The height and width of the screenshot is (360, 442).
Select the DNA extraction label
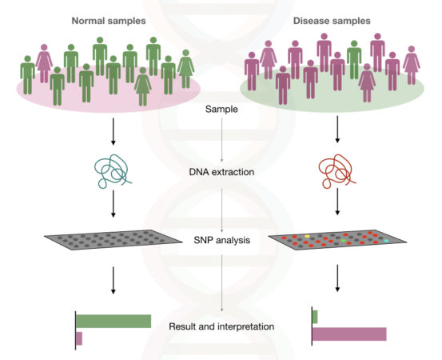click(221, 171)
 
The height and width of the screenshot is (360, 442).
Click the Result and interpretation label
click(221, 326)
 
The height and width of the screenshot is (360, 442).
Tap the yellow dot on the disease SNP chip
click(307, 236)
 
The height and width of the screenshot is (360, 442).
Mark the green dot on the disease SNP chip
click(344, 238)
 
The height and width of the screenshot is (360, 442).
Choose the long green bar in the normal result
click(113, 321)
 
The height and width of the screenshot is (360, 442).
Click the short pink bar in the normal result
click(79, 338)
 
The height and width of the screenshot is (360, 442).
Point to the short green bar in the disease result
click(315, 316)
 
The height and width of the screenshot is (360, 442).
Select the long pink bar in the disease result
click(348, 334)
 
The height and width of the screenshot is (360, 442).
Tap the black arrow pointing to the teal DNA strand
click(111, 132)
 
